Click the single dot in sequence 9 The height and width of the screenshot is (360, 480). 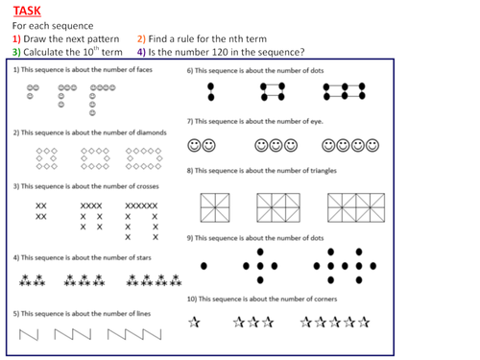click(x=203, y=265)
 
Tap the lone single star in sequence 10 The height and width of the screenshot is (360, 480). click(x=195, y=323)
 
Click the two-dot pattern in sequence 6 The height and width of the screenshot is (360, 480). click(x=211, y=91)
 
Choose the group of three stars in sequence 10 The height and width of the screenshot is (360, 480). click(x=253, y=323)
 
